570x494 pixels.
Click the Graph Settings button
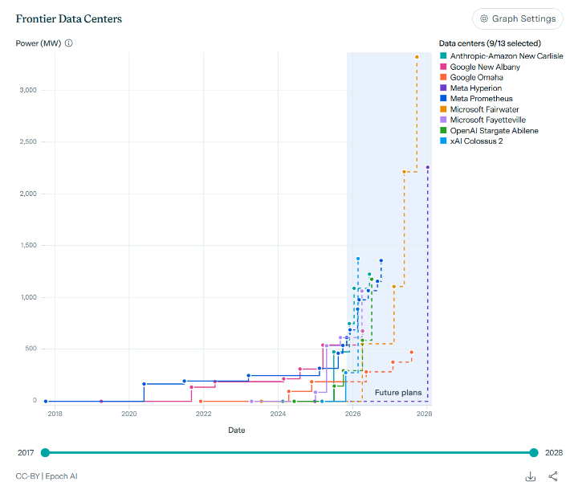(517, 18)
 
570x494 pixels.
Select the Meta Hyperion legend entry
(475, 88)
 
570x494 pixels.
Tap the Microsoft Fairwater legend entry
(482, 109)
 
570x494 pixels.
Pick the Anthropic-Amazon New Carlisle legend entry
(501, 55)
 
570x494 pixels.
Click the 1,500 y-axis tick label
(27, 246)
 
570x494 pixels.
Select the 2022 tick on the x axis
(204, 414)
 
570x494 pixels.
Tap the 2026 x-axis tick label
(352, 414)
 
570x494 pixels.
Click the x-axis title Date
(237, 431)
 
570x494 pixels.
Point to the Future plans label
(398, 392)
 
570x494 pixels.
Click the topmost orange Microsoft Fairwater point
(417, 57)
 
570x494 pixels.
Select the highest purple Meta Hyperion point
(428, 167)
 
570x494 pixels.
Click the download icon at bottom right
(531, 476)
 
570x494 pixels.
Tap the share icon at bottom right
(553, 476)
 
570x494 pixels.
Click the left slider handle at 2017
(45, 453)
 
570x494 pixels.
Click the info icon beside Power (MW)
(68, 43)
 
